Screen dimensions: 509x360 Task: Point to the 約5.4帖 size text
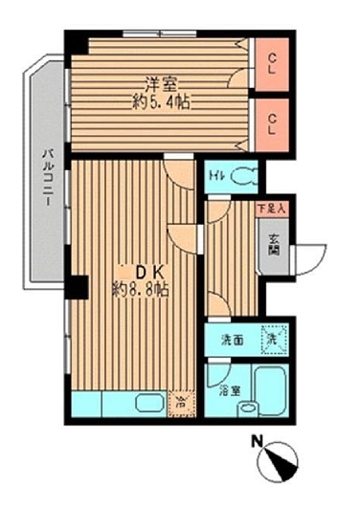pos(160,100)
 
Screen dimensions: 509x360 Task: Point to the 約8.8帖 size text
pos(140,289)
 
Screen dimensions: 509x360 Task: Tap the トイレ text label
pos(215,176)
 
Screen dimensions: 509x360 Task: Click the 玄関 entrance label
pos(273,248)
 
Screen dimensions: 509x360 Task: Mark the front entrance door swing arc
pos(308,257)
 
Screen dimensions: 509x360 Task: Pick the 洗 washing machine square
pos(275,337)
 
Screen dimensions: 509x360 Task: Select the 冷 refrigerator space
pos(179,403)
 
